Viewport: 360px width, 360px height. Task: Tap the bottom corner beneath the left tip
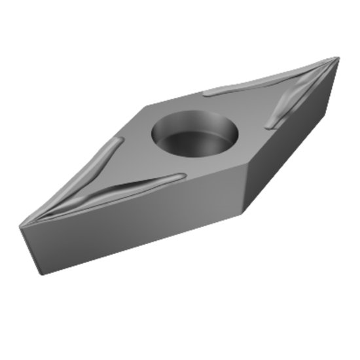[41, 273]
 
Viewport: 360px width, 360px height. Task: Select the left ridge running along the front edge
[131, 189]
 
